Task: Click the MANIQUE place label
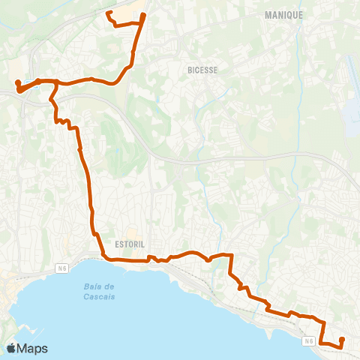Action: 284,15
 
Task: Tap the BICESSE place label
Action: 202,70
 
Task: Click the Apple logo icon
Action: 12,348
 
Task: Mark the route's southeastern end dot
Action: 342,340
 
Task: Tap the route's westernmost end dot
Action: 16,82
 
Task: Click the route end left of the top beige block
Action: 109,13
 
